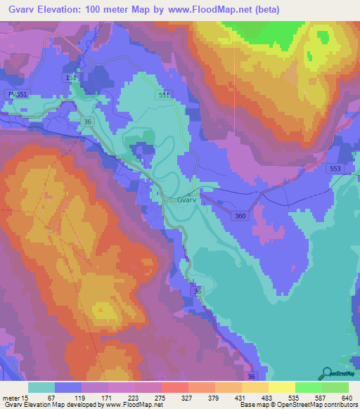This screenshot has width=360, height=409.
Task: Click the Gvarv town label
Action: tap(186, 200)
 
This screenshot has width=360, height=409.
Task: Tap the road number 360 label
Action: tap(240, 216)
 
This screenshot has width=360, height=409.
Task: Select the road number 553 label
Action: tap(335, 169)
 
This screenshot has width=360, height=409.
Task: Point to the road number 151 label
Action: tap(70, 77)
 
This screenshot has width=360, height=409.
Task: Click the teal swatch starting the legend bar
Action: tap(41, 387)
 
